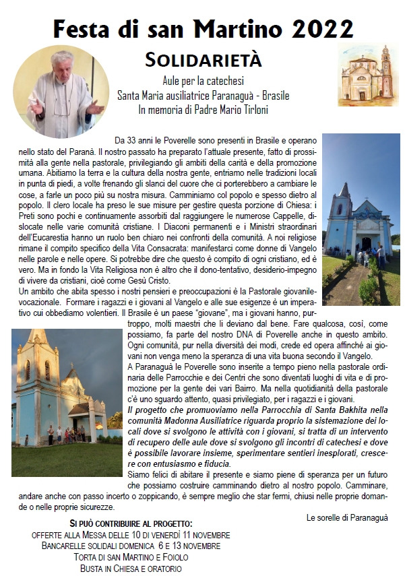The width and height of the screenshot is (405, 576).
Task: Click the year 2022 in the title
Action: point(321,29)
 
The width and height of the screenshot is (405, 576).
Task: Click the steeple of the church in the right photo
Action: point(345,195)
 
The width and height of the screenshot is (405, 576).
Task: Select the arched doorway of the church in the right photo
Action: point(365,243)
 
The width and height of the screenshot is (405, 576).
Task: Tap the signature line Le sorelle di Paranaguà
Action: point(348,517)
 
